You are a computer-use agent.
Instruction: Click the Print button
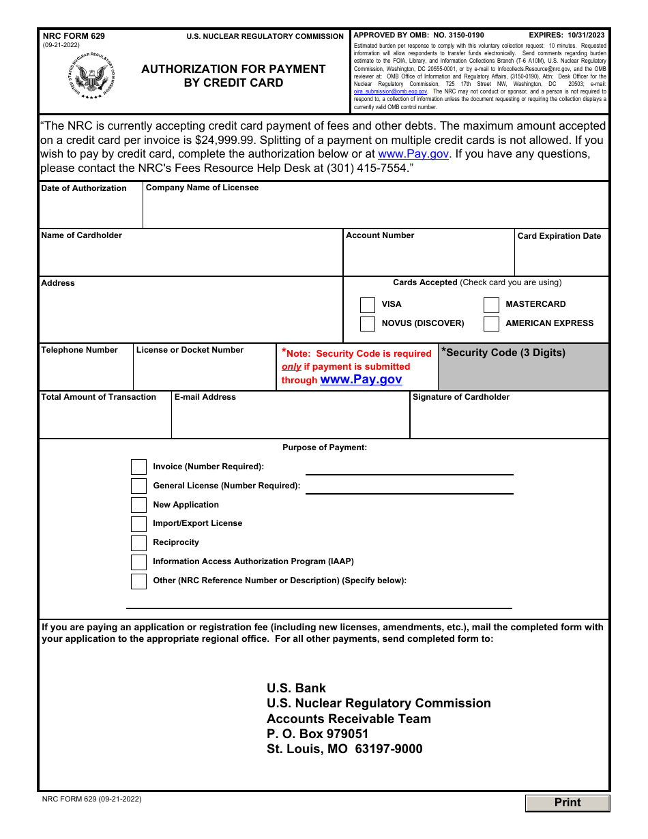click(568, 803)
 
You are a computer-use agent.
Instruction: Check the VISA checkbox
click(368, 305)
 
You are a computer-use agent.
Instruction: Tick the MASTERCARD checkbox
click(491, 305)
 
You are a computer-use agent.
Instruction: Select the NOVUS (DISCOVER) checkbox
click(368, 324)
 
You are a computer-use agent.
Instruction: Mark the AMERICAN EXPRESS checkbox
click(491, 324)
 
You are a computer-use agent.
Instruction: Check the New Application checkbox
click(139, 505)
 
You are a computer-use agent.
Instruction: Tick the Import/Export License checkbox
click(139, 524)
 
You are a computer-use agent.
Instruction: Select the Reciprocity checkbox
click(139, 543)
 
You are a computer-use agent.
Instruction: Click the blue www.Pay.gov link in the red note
click(361, 380)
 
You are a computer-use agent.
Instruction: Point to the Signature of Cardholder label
click(461, 397)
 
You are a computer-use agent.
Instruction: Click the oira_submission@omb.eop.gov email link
click(390, 91)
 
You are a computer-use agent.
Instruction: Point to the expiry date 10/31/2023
click(581, 35)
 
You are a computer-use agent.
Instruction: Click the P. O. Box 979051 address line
click(318, 734)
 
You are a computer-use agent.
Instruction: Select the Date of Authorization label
click(84, 188)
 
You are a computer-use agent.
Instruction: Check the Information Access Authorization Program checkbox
click(139, 562)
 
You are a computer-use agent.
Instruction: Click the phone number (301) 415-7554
click(368, 168)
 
